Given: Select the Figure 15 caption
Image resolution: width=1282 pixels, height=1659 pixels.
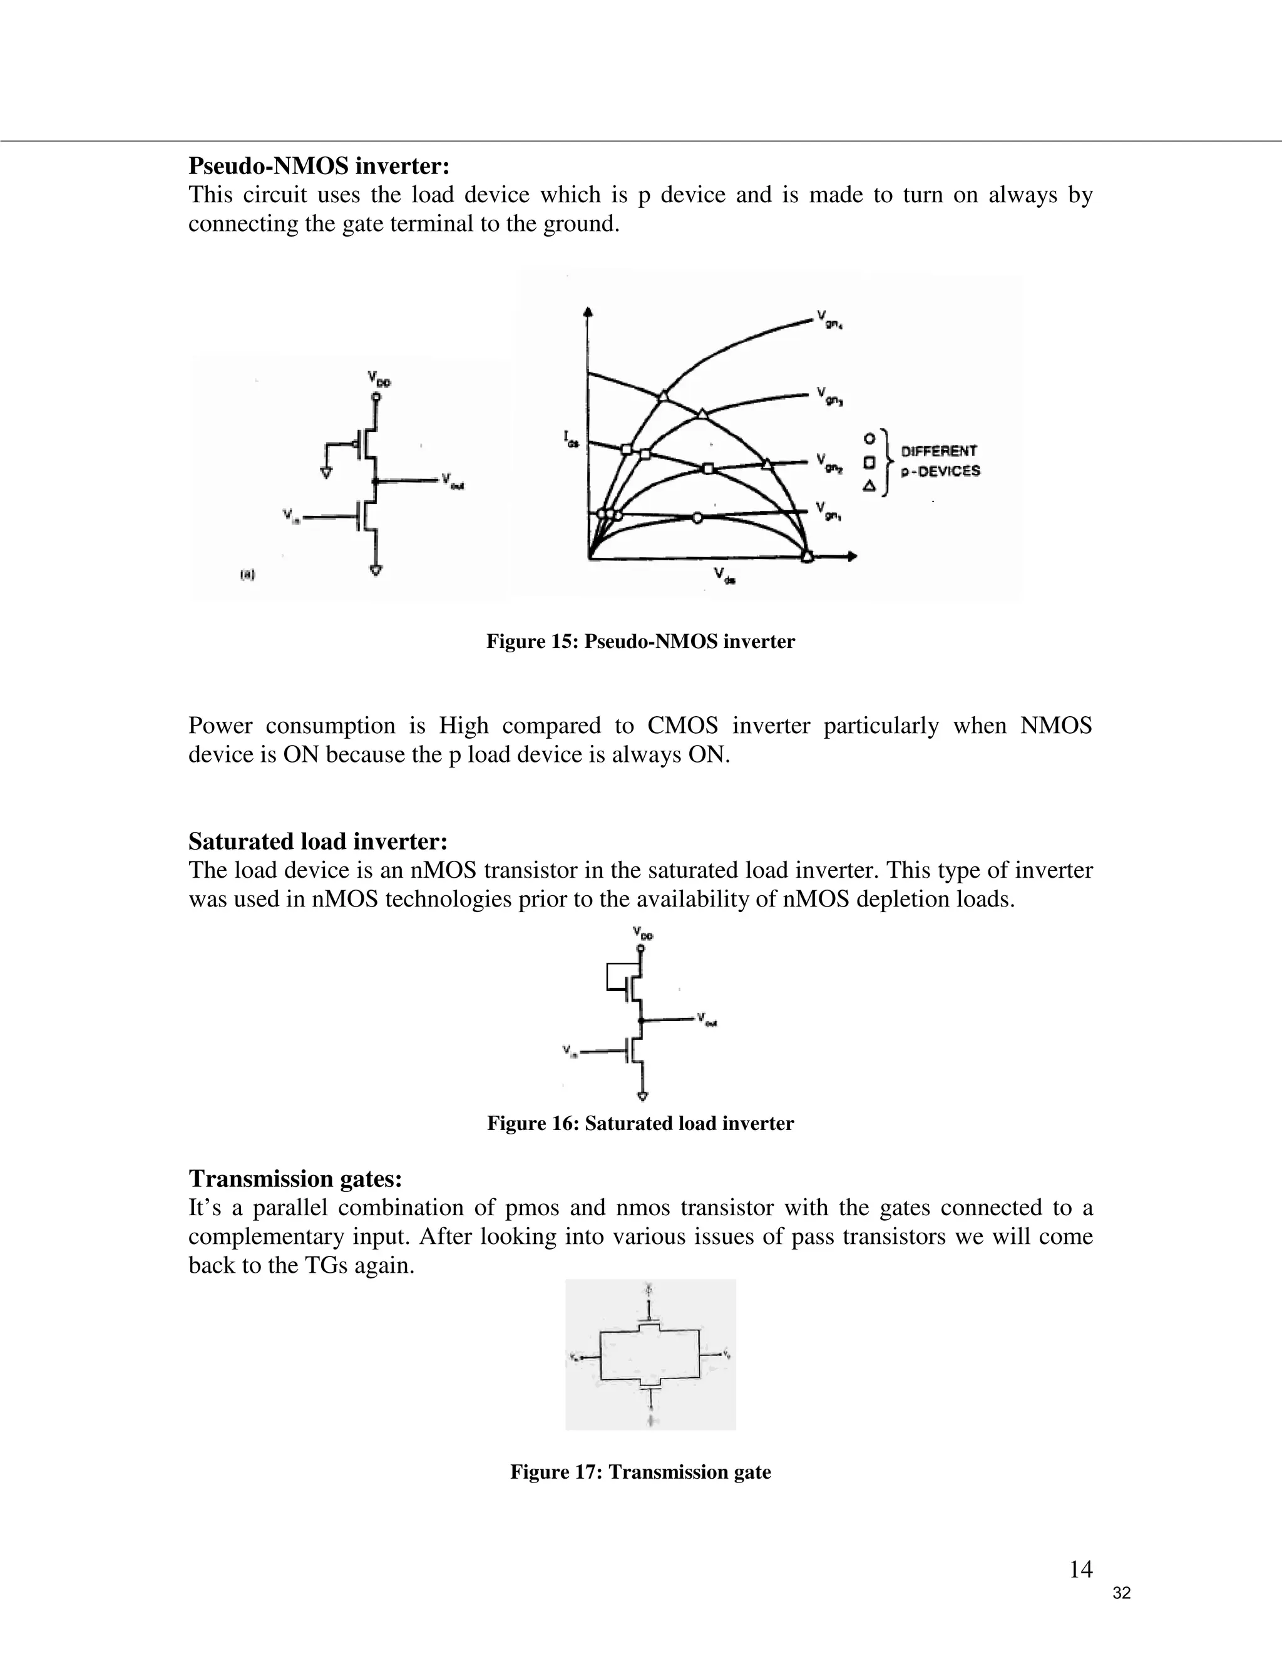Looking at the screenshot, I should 640,642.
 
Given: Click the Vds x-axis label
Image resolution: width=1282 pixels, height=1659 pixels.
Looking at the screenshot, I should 724,576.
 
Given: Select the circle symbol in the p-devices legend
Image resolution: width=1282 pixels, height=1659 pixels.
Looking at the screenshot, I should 870,438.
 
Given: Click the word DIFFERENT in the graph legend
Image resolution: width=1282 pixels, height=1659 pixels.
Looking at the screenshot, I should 939,451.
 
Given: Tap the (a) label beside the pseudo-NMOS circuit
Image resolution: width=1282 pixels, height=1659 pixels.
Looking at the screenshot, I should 248,575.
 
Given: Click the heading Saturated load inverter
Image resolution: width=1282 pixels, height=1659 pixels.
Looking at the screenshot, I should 317,841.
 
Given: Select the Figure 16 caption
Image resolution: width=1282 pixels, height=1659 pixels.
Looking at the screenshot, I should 640,1124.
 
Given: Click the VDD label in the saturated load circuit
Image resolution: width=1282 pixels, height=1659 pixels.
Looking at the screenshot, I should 642,933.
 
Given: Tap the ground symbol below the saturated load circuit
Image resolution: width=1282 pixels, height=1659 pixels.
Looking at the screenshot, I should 642,1096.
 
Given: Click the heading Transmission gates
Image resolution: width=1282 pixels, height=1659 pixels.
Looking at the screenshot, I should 295,1179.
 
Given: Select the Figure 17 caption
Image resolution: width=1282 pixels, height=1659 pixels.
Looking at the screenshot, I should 640,1472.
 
